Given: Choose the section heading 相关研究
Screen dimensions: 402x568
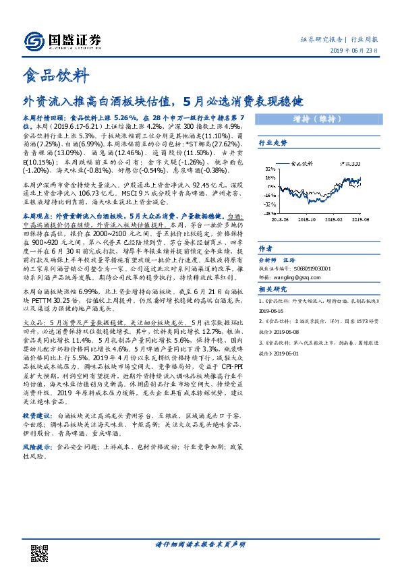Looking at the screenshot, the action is point(273,289).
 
